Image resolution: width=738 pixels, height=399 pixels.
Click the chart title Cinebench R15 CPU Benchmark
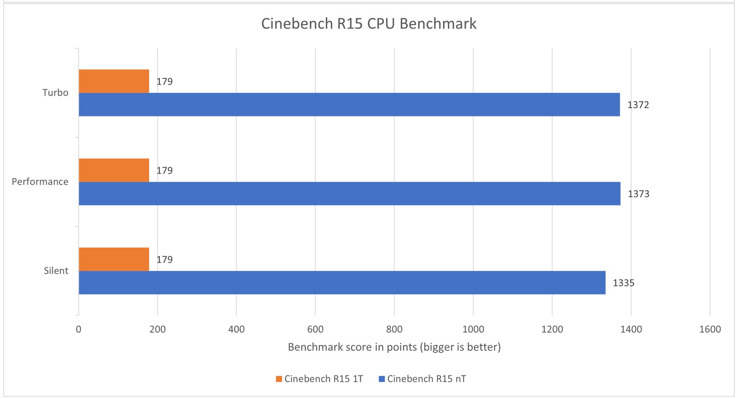click(369, 23)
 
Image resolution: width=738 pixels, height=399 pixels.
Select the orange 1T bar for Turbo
click(114, 81)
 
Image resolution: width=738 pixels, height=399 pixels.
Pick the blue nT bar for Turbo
click(349, 104)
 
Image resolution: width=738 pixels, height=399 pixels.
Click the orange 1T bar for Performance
click(114, 170)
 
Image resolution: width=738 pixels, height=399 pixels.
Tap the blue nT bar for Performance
click(349, 193)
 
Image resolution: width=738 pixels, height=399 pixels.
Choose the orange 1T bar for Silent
click(114, 259)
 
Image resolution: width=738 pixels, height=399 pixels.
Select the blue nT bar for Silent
click(342, 283)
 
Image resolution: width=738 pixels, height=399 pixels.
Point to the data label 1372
click(638, 105)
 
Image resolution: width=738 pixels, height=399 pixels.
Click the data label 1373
click(638, 194)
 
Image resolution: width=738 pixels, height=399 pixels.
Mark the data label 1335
click(623, 283)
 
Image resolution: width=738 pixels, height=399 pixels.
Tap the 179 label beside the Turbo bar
click(165, 81)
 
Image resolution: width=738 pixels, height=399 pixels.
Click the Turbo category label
click(55, 93)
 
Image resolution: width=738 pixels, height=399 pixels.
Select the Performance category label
click(40, 182)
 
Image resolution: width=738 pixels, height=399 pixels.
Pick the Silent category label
click(56, 271)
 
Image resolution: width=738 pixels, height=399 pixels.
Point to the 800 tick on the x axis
click(394, 330)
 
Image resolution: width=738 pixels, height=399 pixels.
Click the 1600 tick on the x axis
click(710, 330)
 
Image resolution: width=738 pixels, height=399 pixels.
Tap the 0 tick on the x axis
click(79, 330)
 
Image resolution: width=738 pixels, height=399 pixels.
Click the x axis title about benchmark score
click(394, 347)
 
